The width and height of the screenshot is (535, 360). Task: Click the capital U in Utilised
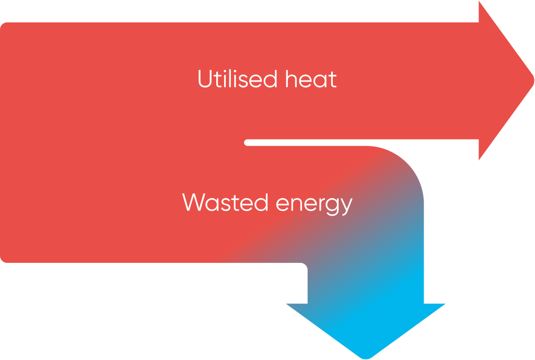[x=205, y=79]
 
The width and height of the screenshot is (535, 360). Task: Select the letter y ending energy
[x=345, y=205]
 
